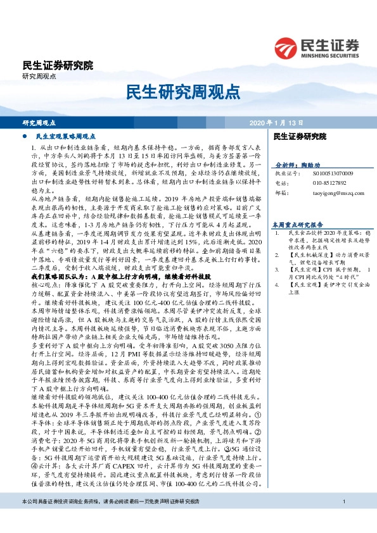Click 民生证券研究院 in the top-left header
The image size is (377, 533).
[57, 65]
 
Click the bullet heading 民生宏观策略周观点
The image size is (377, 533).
[66, 136]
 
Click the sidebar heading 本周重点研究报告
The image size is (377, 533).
[298, 224]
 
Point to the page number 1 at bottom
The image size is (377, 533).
[342, 519]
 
